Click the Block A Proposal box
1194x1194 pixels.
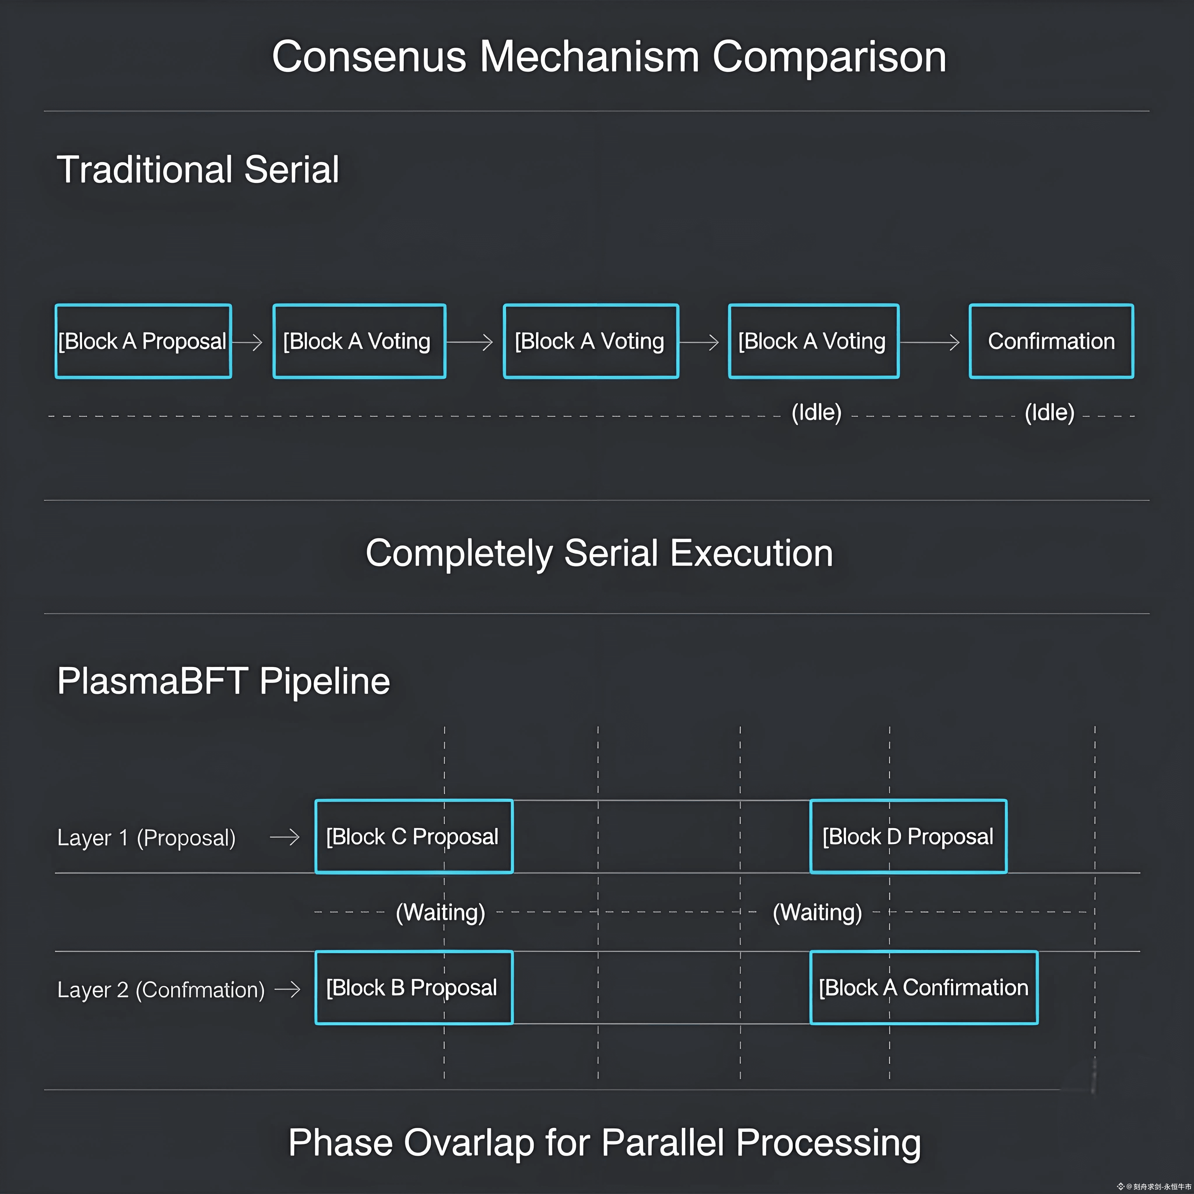[143, 341]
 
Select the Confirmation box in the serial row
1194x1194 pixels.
[1051, 341]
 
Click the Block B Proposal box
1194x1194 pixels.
[413, 988]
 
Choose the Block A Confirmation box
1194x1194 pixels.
[923, 988]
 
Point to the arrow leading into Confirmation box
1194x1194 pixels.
[930, 342]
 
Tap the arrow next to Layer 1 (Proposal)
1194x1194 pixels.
[285, 837]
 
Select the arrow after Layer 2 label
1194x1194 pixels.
[287, 989]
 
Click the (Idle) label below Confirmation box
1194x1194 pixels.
[1049, 412]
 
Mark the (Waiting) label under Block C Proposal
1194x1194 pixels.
[440, 912]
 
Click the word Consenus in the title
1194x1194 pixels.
[369, 57]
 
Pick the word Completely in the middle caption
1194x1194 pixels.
[459, 553]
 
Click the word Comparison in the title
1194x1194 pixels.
[829, 57]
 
